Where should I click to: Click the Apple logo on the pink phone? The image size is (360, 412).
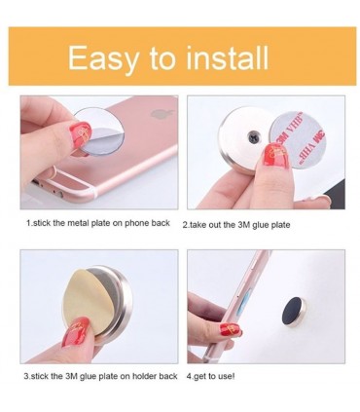click(158, 115)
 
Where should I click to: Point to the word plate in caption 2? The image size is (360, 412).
click(280, 225)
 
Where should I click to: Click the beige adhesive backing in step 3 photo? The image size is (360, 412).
click(86, 297)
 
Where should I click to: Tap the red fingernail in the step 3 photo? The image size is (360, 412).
click(76, 330)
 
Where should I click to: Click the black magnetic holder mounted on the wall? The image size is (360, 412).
click(294, 313)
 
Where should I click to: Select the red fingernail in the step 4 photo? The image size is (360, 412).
click(231, 329)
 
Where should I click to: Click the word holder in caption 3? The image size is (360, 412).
click(144, 376)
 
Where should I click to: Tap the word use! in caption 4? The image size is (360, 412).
click(227, 377)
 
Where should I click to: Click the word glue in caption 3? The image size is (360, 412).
click(87, 377)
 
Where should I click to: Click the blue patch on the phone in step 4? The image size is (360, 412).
click(245, 302)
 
